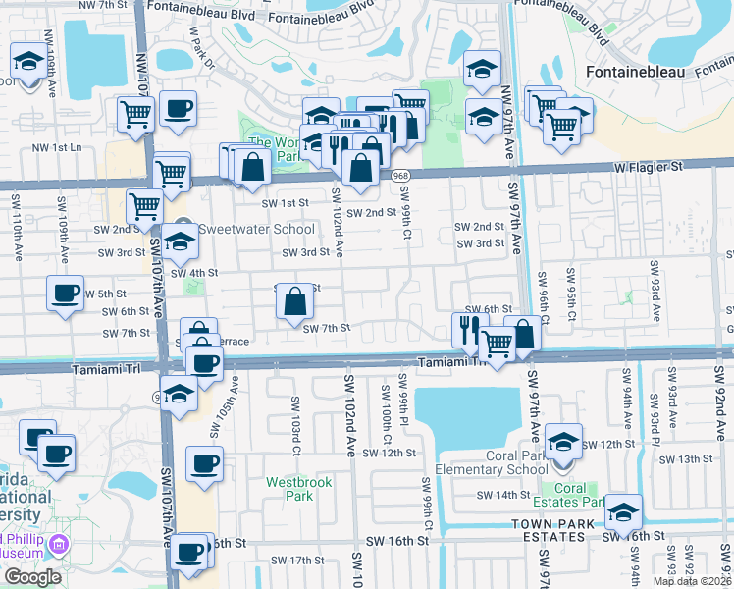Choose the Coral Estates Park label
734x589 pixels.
coord(570,495)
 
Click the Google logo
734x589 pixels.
coord(32,576)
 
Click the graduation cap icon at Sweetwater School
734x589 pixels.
coord(180,241)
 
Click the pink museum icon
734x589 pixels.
coord(60,543)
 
